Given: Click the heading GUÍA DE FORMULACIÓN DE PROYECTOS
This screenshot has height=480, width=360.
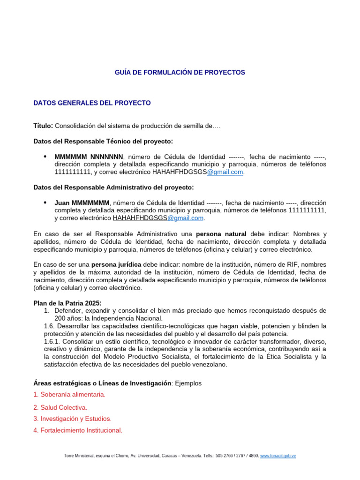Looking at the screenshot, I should point(180,73).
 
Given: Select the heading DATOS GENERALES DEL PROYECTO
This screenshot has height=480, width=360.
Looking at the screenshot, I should point(92,103).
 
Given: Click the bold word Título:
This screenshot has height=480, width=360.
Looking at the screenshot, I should point(43,126).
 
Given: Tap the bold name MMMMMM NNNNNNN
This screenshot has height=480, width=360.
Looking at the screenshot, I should point(89,157).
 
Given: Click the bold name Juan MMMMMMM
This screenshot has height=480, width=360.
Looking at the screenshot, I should point(82,202).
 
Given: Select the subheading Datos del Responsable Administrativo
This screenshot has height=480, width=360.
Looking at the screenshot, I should point(113,187).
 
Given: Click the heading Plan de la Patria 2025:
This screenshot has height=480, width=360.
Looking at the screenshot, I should point(67,303).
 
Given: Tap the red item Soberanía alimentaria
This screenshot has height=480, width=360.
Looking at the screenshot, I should point(69,395).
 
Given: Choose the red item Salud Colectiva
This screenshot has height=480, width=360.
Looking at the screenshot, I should point(60,407).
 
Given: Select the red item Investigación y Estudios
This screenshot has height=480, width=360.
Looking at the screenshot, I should point(72,419).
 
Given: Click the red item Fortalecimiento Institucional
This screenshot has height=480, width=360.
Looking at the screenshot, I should point(77,430).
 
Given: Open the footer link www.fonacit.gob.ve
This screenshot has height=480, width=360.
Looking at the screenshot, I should point(278,456).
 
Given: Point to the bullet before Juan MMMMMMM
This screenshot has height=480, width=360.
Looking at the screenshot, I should point(45,202).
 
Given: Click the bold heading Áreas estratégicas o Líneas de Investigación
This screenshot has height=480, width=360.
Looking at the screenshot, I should point(102,383).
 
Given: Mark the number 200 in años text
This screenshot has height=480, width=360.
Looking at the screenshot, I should point(60,318).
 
